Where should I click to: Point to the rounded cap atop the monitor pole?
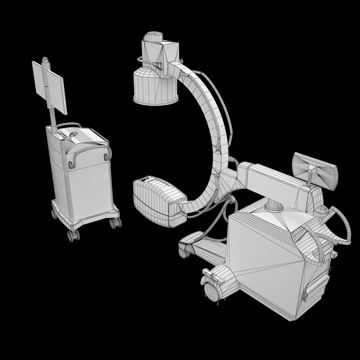[x=45, y=61]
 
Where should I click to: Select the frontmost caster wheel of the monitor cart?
[x=73, y=235]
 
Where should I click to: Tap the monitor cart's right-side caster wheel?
[x=115, y=223]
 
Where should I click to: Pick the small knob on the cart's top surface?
[x=73, y=134]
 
